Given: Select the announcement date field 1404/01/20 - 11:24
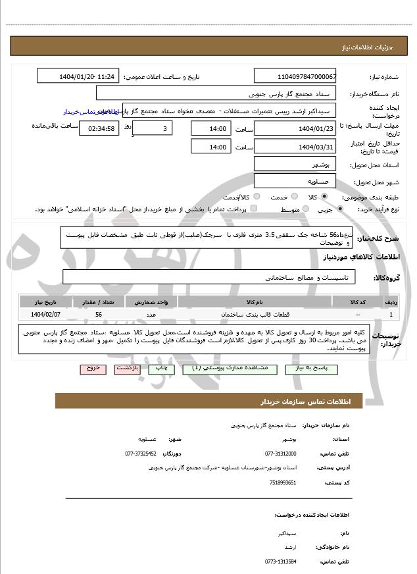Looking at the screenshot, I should (x=78, y=77).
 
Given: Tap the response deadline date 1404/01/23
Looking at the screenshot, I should (x=295, y=128).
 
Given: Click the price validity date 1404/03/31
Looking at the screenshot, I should (x=295, y=147).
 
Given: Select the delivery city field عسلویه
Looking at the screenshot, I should (x=295, y=180).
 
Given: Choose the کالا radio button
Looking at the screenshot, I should (x=324, y=197).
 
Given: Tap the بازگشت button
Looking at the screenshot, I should (x=127, y=369).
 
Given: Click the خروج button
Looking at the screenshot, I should (x=93, y=369).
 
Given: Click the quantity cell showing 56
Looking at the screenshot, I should (x=98, y=315).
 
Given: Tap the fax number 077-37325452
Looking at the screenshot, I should (x=141, y=454).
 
